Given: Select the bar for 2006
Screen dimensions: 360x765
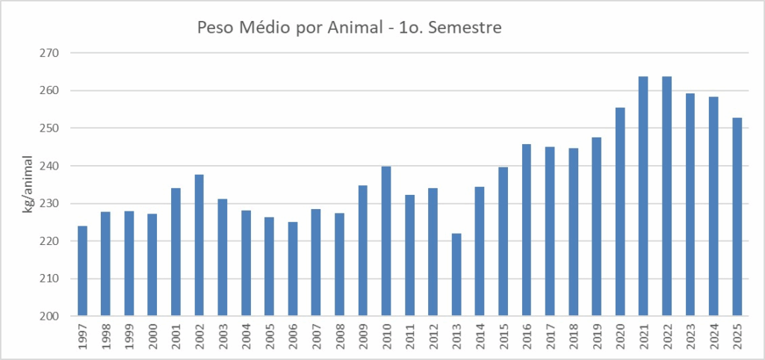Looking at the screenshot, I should coord(293,269).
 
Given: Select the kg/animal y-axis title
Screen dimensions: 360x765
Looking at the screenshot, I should coord(28,184).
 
